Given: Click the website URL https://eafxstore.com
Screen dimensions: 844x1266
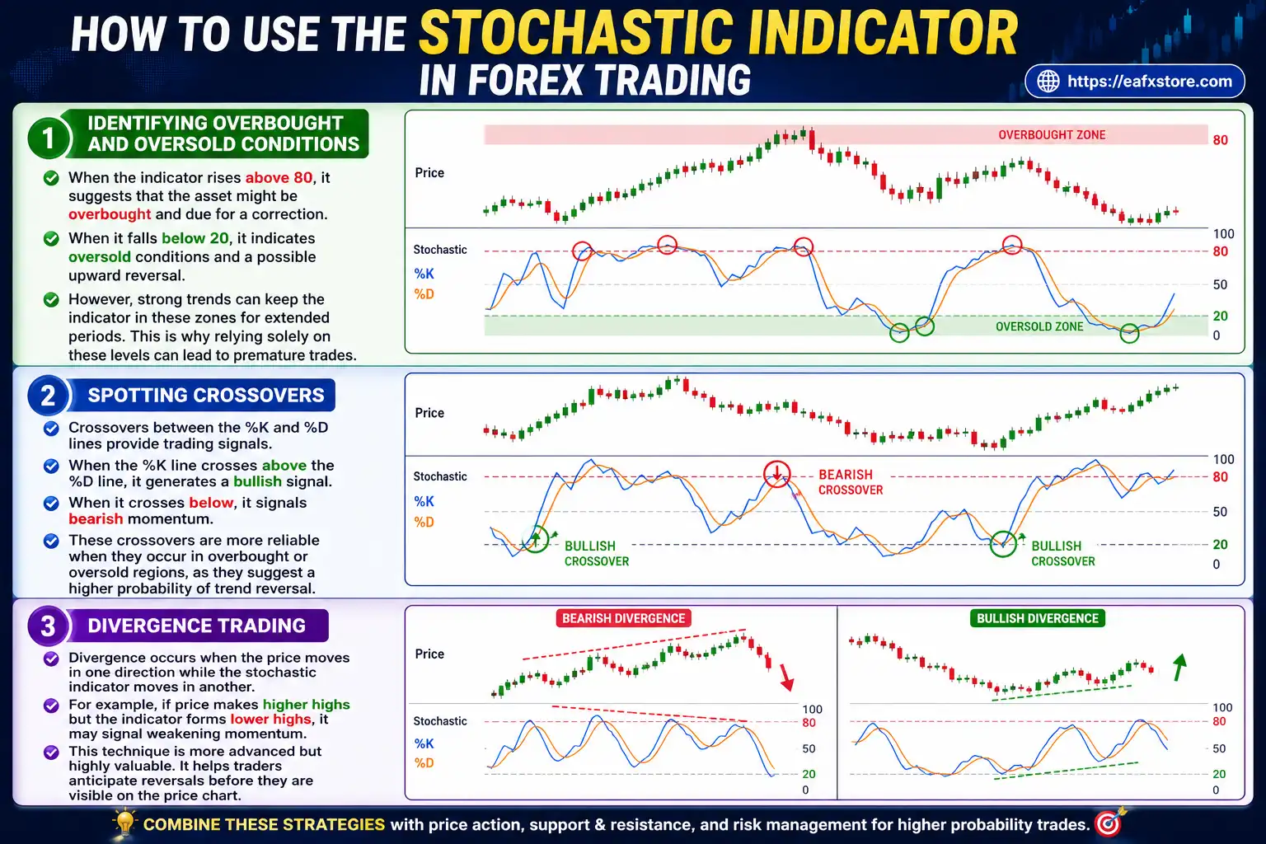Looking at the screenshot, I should pos(1149,82).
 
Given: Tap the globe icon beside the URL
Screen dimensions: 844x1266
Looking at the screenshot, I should pos(1048,82).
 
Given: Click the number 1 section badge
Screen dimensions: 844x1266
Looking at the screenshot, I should pos(48,138).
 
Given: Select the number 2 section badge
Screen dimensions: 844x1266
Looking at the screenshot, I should pos(48,396).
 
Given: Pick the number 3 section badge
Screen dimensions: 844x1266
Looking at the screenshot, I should pos(48,626).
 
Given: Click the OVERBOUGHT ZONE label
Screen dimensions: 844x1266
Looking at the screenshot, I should pos(1052,135).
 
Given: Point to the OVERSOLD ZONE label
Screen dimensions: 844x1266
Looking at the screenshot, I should pos(1039,326).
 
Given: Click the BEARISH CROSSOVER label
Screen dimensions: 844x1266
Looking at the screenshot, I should pos(850,482).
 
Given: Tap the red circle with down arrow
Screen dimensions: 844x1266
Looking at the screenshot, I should pos(776,473).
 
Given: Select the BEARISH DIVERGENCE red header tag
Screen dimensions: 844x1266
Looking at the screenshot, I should pos(623,618).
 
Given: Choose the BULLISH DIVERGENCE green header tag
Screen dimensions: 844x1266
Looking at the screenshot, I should pos(1037,618).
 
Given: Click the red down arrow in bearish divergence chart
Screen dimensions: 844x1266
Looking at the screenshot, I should pos(786,677).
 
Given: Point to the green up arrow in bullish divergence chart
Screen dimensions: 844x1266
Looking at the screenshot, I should pos(1179,667).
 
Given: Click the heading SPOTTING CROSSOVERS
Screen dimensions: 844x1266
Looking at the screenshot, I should pos(206,396).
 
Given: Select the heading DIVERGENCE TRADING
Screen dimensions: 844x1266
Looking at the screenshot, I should pos(196,626).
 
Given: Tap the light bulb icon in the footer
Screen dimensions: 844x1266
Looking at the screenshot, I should pos(124,823).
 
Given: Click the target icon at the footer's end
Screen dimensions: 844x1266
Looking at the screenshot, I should pos(1109,823).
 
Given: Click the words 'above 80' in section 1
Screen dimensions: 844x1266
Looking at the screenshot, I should pos(279,177).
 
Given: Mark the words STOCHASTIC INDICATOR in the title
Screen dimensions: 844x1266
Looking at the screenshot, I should pos(719,34).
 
